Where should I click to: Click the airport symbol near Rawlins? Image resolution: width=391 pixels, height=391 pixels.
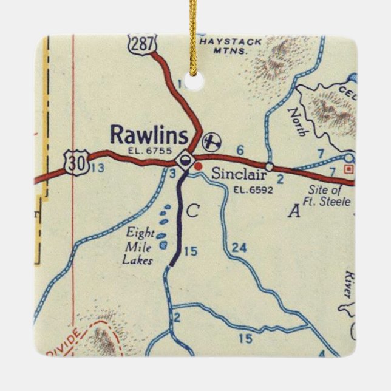(x=211, y=142)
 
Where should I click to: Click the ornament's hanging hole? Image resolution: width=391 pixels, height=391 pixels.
(x=194, y=81)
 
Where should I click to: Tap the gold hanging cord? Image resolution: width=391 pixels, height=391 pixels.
(x=194, y=30)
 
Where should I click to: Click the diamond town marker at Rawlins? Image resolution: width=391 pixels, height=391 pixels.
(x=184, y=161)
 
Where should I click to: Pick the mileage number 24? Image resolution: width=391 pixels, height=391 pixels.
(x=239, y=247)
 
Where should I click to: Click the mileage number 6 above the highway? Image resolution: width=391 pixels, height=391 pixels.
(x=240, y=150)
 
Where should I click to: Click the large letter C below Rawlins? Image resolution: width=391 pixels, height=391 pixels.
(x=192, y=211)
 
